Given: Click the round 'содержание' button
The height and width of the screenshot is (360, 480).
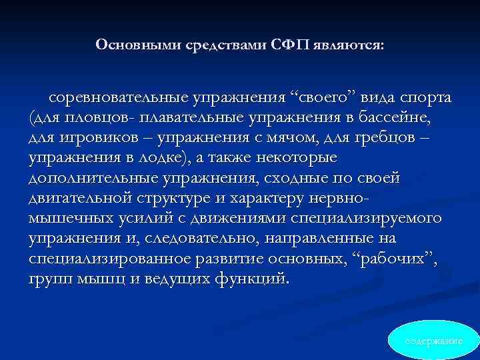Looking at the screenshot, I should pyautogui.click(x=434, y=340).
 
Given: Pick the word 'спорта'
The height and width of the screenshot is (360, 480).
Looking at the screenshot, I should pyautogui.click(x=425, y=99).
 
